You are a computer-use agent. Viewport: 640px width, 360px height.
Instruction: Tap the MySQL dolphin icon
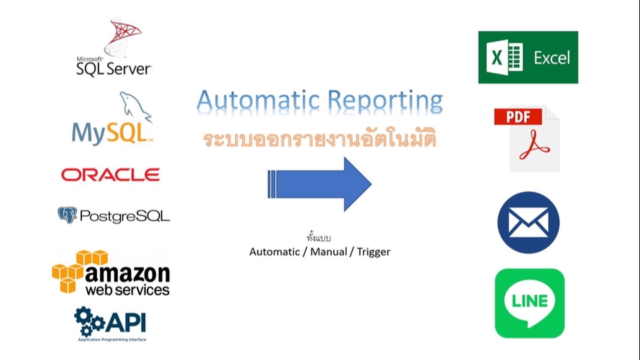pyautogui.click(x=134, y=107)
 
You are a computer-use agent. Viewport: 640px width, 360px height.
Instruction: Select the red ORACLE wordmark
pyautogui.click(x=110, y=175)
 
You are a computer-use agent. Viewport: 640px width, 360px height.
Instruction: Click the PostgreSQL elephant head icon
pyautogui.click(x=67, y=215)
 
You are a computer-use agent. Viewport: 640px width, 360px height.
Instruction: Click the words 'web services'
pyautogui.click(x=127, y=291)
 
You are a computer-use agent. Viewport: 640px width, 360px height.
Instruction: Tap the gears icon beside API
pyautogui.click(x=88, y=321)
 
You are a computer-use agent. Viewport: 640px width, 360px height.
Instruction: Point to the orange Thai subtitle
pyautogui.click(x=319, y=141)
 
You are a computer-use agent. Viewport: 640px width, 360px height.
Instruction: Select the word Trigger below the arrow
pyautogui.click(x=373, y=252)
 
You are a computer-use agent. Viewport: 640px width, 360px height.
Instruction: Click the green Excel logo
pyautogui.click(x=528, y=57)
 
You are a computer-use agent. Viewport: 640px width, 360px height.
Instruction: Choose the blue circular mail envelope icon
pyautogui.click(x=528, y=222)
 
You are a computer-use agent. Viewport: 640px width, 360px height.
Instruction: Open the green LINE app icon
pyautogui.click(x=529, y=303)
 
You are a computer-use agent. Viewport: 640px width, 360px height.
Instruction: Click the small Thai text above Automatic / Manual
pyautogui.click(x=319, y=238)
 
